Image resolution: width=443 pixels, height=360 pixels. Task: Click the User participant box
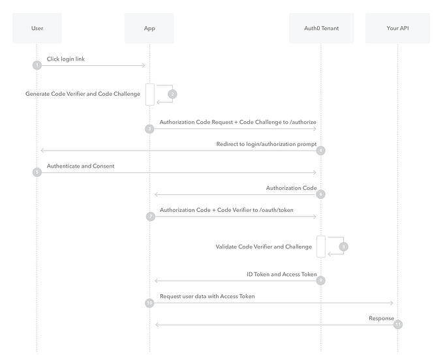(x=37, y=28)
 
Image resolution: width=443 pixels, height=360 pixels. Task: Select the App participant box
(x=149, y=28)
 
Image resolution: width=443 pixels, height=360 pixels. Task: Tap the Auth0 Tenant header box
(x=321, y=28)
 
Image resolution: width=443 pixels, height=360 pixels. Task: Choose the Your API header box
(x=397, y=28)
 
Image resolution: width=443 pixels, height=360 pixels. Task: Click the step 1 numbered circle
(x=37, y=65)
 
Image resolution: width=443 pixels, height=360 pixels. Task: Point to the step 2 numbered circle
(x=172, y=94)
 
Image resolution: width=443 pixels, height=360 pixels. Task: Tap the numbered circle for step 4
(x=320, y=151)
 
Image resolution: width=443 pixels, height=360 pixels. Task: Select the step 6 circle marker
(x=320, y=194)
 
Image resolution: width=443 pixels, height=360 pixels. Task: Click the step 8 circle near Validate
(x=344, y=247)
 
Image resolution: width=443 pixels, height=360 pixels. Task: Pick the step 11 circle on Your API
(x=398, y=324)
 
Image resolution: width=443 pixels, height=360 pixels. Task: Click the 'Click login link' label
(x=65, y=59)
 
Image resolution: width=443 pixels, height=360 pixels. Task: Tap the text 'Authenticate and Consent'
(x=80, y=166)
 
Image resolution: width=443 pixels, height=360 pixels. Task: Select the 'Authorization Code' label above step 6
(x=291, y=188)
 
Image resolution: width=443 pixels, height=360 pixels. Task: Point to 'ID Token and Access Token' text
(x=281, y=275)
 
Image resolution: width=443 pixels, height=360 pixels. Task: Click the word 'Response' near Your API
(x=381, y=318)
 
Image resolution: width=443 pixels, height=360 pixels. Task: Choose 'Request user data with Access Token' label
(x=207, y=296)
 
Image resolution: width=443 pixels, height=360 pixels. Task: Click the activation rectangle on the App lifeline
(x=149, y=95)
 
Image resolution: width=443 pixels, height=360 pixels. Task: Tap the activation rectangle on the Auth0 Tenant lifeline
(x=320, y=247)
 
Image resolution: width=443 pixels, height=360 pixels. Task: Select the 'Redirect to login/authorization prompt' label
(x=266, y=144)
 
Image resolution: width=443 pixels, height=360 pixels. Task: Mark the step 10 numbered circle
(x=149, y=303)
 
